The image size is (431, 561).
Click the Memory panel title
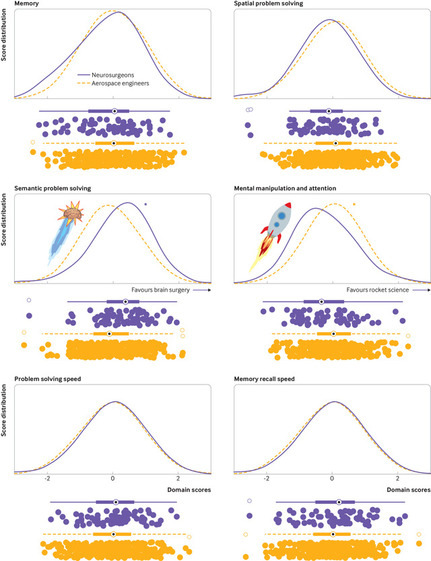[x=26, y=4]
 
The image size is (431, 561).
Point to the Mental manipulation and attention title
[x=288, y=189]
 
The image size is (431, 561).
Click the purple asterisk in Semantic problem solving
[x=145, y=203]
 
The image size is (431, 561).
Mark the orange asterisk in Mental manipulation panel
[x=355, y=203]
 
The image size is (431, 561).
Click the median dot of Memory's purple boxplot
[x=114, y=110]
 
